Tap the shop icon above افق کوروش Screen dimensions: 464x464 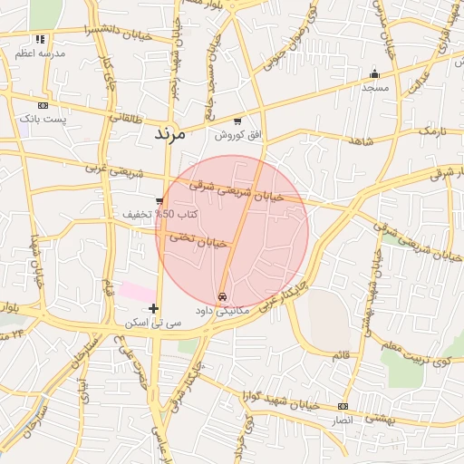tap(237, 121)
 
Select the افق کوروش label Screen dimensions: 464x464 tap(237, 135)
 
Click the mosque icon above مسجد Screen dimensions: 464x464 tap(374, 74)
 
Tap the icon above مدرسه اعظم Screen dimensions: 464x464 tap(39, 40)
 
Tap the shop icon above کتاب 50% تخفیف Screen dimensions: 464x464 tap(159, 201)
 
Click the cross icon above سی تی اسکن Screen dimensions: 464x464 tap(153, 309)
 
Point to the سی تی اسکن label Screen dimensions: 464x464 tap(153, 323)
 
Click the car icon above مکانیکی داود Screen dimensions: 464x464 tap(223, 297)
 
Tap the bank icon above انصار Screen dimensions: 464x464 tap(343, 406)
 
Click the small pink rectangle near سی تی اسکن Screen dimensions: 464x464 tap(138, 291)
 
